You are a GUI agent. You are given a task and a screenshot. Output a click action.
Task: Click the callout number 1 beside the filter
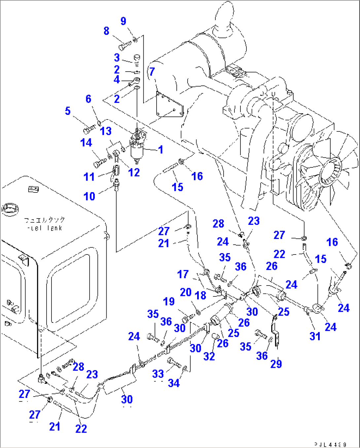[x=161, y=150]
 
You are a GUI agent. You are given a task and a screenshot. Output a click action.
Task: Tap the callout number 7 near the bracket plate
[x=152, y=71]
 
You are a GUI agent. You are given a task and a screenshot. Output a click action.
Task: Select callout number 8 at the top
[x=106, y=31]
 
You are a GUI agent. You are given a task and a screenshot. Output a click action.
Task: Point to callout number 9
[x=123, y=21]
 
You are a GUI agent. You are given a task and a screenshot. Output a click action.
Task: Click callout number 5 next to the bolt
[x=68, y=111]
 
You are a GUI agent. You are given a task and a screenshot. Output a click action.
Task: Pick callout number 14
[x=86, y=143]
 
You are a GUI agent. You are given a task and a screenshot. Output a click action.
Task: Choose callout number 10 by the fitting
[x=89, y=196]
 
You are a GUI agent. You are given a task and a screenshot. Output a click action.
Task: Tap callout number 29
[x=276, y=364]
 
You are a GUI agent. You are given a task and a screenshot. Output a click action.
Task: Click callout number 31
[x=315, y=336]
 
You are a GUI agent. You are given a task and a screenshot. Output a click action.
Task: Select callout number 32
[x=209, y=356]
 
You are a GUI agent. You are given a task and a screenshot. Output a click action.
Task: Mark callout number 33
[x=158, y=374]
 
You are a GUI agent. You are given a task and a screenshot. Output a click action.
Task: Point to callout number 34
[x=174, y=383]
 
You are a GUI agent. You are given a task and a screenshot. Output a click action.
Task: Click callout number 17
[x=183, y=274]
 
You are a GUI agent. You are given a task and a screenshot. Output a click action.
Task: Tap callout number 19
[x=169, y=301]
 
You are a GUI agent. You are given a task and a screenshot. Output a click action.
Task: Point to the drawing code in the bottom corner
[x=330, y=444]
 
